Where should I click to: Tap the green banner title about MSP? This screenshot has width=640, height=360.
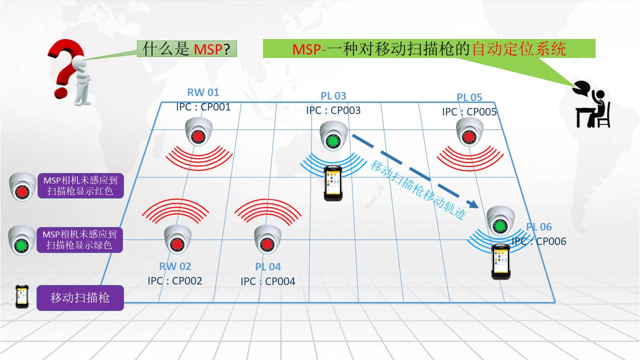point(429,49)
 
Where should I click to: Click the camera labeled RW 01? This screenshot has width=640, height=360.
point(199,132)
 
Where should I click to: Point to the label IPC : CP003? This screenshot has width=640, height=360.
point(333,110)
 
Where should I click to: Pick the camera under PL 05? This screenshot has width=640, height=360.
point(469,132)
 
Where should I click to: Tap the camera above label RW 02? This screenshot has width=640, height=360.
point(177,239)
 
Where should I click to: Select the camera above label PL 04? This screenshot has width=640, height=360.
point(267,239)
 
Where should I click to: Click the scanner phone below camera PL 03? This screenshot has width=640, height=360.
point(332,183)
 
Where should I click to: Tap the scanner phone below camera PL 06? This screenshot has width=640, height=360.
point(500,261)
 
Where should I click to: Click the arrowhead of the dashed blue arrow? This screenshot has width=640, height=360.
point(472,203)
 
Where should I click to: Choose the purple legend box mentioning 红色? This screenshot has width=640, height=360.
point(80,185)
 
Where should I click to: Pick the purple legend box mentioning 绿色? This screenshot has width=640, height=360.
point(80,239)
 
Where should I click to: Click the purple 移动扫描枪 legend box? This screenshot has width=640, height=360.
point(80,298)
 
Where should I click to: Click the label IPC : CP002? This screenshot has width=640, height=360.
point(175,281)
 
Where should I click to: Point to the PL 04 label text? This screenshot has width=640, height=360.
point(268,267)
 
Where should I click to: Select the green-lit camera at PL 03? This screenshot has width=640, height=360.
point(334,135)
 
